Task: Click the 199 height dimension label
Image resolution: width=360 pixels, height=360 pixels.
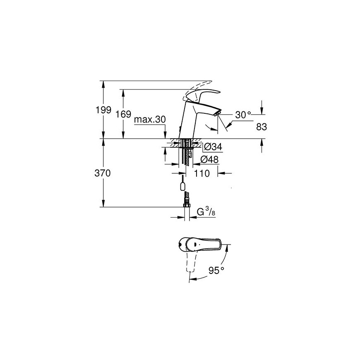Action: (x=103, y=110)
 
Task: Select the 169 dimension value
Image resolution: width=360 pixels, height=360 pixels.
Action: (x=123, y=114)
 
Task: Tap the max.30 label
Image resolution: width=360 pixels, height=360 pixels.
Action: (x=150, y=120)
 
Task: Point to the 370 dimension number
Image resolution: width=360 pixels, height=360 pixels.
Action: (x=103, y=173)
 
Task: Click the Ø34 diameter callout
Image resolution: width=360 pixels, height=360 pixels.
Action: (x=213, y=146)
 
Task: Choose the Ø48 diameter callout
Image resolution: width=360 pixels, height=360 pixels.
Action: (x=209, y=159)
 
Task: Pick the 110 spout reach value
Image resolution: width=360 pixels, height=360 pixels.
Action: (x=202, y=173)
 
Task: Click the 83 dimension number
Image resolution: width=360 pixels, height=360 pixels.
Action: (x=262, y=127)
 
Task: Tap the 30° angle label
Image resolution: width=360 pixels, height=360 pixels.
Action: (x=243, y=115)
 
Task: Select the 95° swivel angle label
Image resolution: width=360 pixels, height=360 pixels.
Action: (x=216, y=271)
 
